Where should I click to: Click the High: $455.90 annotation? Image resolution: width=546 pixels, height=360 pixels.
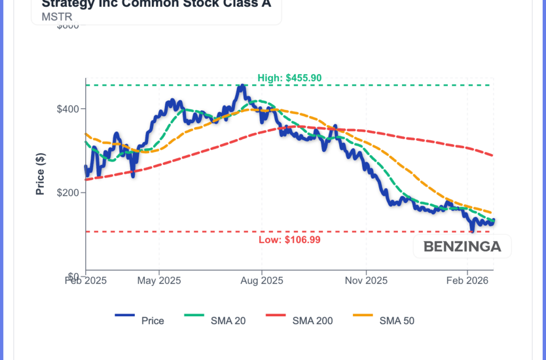point(289,78)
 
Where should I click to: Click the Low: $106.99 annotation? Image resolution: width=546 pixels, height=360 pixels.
point(289,240)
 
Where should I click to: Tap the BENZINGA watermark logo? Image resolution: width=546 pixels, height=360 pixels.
point(462,247)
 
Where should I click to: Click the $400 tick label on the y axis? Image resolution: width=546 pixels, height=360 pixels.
point(68,109)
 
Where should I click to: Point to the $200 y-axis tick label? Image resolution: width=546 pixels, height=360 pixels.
point(68,193)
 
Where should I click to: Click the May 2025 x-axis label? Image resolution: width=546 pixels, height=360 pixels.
point(159,281)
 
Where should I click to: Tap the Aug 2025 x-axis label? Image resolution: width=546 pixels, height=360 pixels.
point(261,281)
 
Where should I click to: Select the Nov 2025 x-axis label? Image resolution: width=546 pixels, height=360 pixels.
point(366,281)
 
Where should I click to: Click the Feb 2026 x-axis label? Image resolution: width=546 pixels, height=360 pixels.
point(467,281)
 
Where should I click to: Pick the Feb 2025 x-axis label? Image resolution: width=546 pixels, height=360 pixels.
point(86,281)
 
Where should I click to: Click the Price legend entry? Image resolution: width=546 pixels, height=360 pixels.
point(152,321)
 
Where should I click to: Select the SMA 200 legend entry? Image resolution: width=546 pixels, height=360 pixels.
point(312,321)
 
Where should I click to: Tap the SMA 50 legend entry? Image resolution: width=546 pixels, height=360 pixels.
point(397,321)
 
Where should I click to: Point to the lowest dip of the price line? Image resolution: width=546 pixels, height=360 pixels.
point(472,230)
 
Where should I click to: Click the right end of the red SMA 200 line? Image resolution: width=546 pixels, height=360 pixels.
point(492,155)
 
